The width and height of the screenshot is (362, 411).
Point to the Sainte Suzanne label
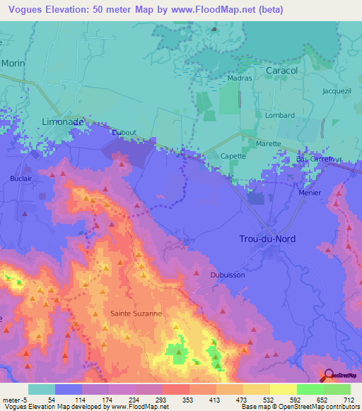pyautogui.click(x=136, y=312)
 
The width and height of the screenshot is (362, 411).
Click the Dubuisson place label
pyautogui.click(x=227, y=275)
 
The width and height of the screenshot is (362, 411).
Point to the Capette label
pyautogui.click(x=233, y=156)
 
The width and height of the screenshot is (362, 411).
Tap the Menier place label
pyautogui.click(x=310, y=193)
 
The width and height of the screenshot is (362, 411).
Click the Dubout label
pyautogui.click(x=124, y=132)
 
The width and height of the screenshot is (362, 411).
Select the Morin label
pyautogui.click(x=13, y=63)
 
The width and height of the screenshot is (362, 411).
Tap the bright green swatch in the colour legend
pyautogui.click(x=310, y=389)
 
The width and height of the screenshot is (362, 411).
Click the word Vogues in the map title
pyautogui.click(x=22, y=9)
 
